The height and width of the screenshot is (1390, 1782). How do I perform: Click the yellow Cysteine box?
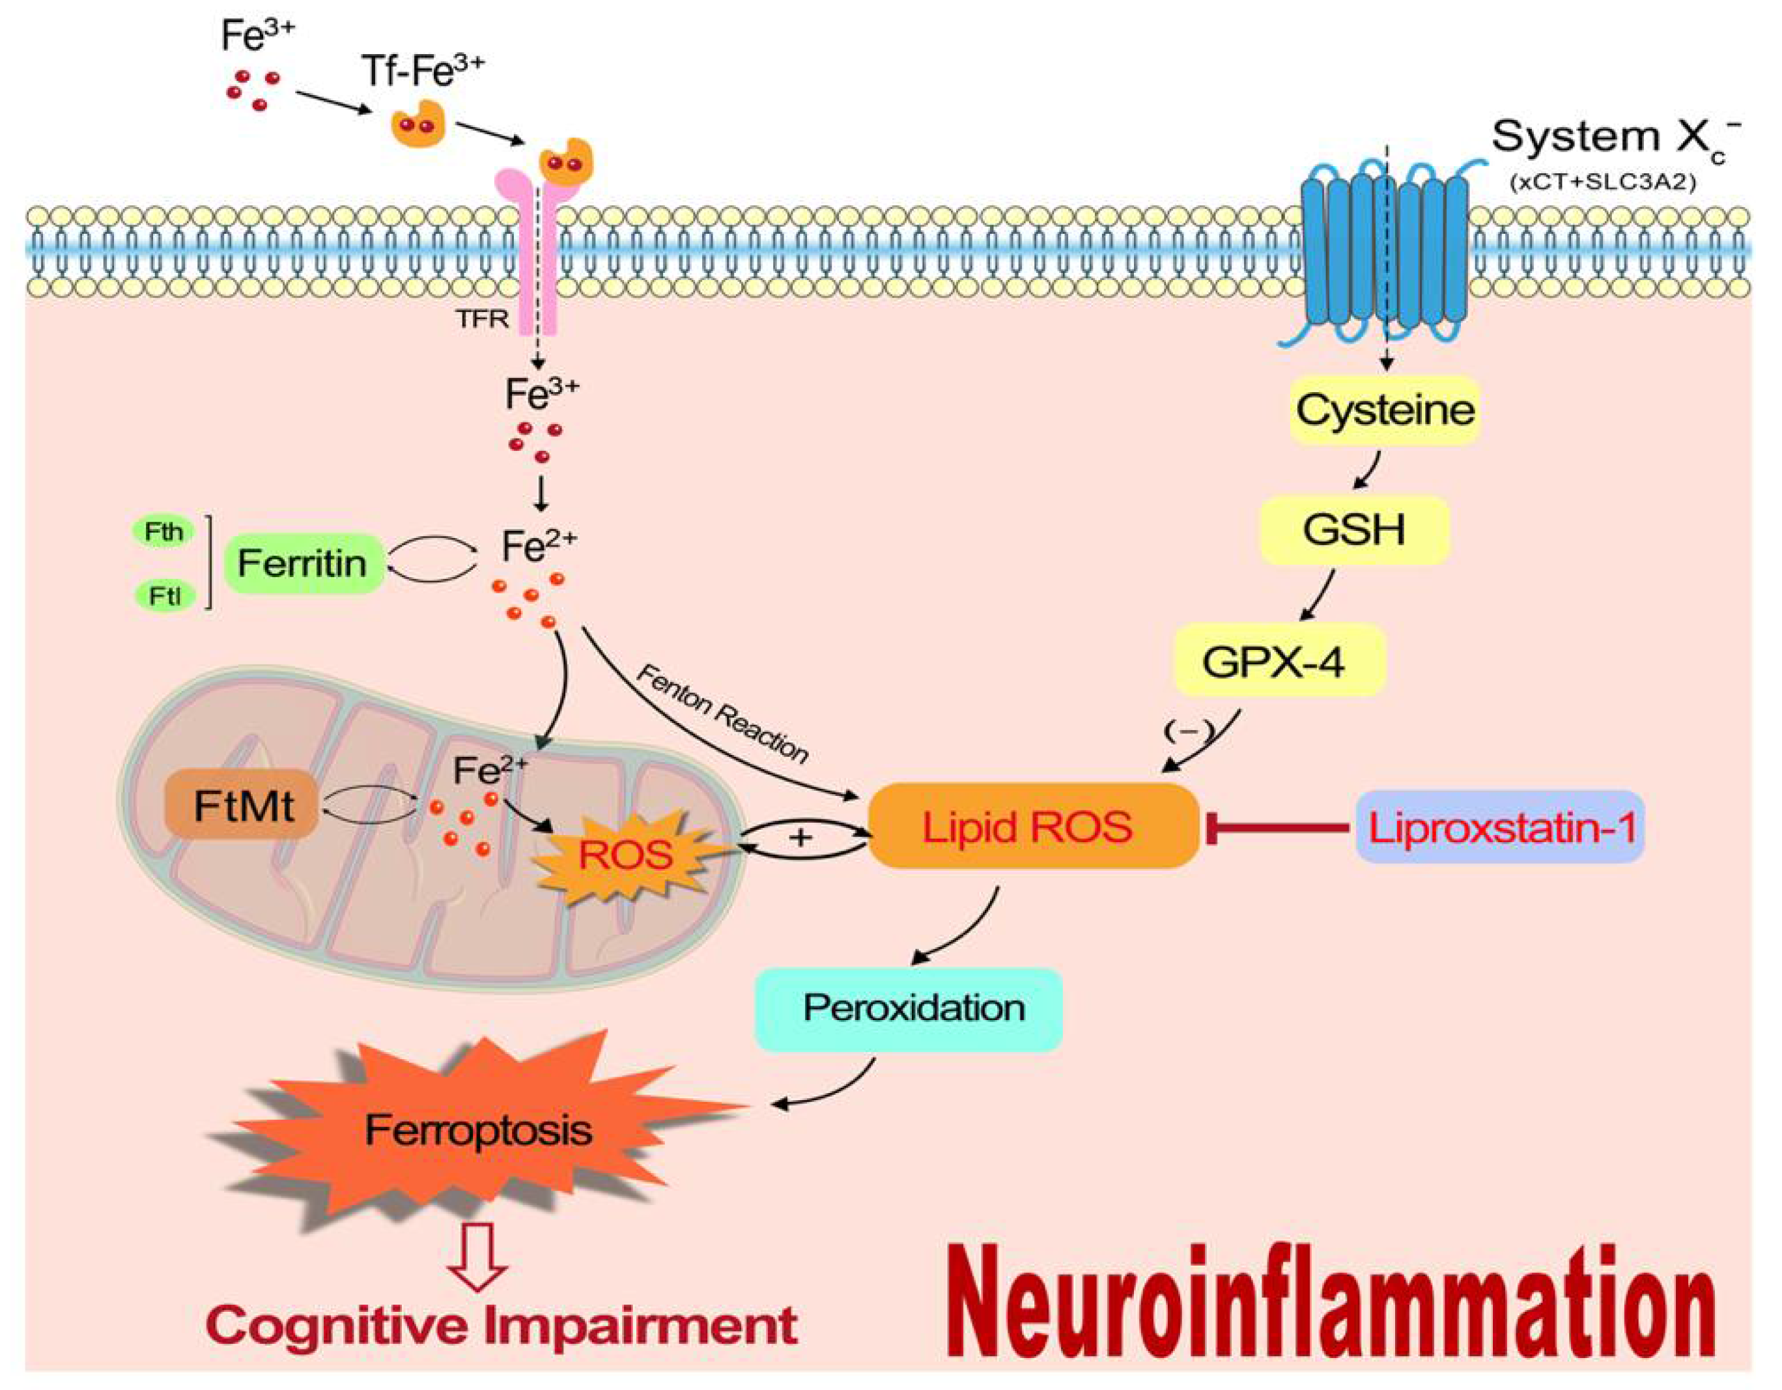click(x=1385, y=410)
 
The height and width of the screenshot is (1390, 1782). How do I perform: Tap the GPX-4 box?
click(x=1278, y=661)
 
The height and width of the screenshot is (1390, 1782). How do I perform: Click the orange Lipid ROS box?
click(x=1032, y=826)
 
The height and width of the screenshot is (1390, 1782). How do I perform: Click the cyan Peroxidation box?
click(x=908, y=1009)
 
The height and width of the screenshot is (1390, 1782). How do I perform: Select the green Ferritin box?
click(x=303, y=563)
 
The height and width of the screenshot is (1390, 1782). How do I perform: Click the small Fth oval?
click(x=164, y=532)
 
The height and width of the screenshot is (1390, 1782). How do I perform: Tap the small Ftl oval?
click(x=164, y=597)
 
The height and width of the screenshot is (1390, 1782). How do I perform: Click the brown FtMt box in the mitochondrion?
click(x=242, y=806)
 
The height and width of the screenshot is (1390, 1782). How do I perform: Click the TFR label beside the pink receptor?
click(x=482, y=319)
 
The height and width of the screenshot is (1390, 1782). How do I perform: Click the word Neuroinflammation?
click(x=1329, y=1303)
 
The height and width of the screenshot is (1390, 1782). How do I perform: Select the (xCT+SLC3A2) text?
click(x=1602, y=181)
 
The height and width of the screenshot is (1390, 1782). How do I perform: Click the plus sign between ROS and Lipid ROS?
click(x=801, y=838)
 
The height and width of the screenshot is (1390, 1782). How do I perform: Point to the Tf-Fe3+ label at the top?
click(x=422, y=72)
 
